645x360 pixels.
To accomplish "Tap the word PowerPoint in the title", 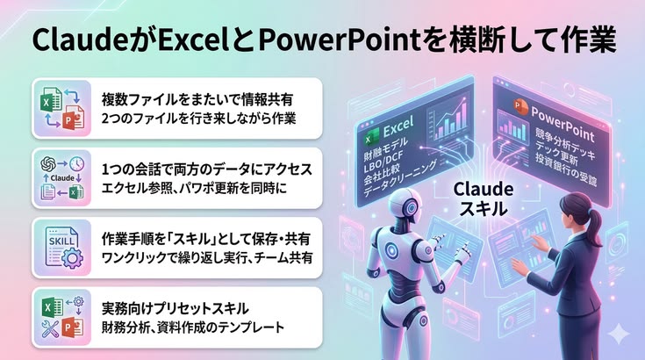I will pos(333,40).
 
